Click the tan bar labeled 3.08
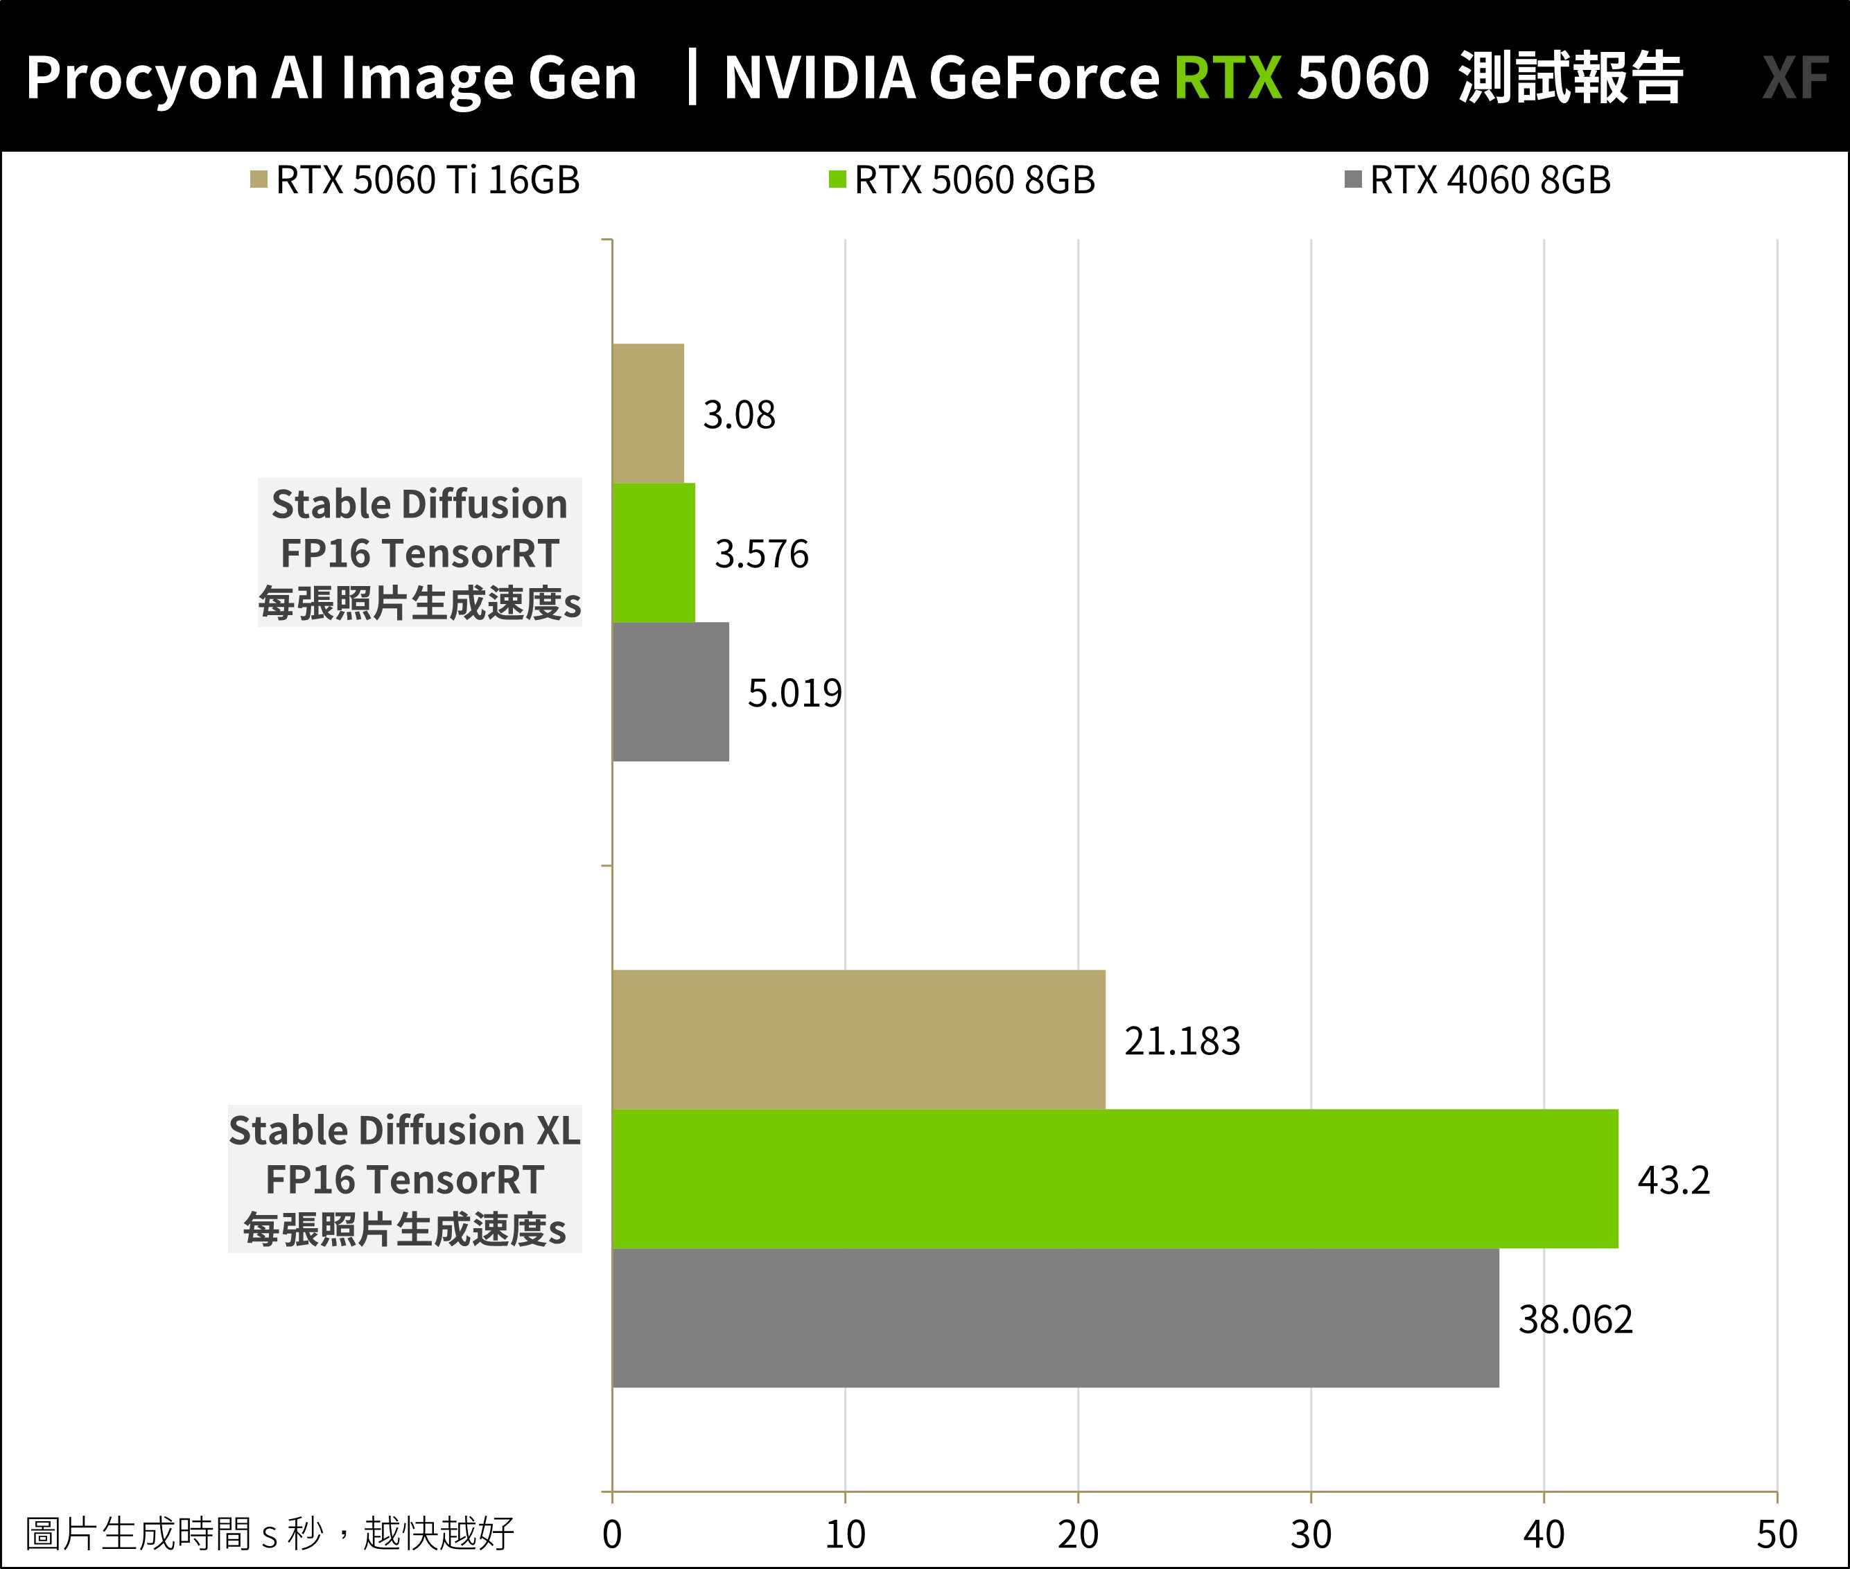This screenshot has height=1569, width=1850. (x=648, y=414)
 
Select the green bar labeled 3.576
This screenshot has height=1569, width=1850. (x=653, y=552)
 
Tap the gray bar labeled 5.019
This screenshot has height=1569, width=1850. (x=670, y=692)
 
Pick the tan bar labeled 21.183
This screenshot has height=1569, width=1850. (x=859, y=1040)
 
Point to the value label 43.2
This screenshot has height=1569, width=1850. (x=1673, y=1180)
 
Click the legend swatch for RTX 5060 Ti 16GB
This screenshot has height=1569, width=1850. (x=259, y=179)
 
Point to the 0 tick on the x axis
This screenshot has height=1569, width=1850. (x=612, y=1534)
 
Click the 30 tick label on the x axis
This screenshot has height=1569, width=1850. (x=1311, y=1534)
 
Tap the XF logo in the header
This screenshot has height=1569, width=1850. (x=1795, y=78)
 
